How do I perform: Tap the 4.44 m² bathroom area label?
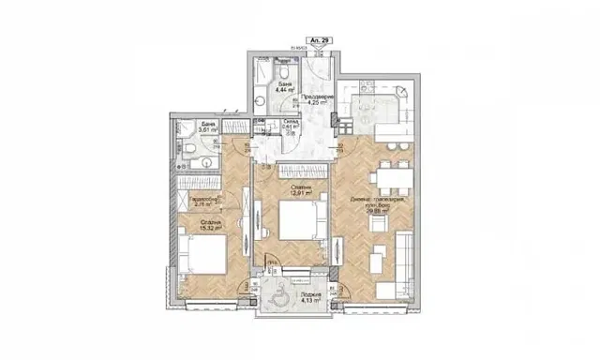tap(282, 92)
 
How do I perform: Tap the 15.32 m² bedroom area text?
tap(210, 227)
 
